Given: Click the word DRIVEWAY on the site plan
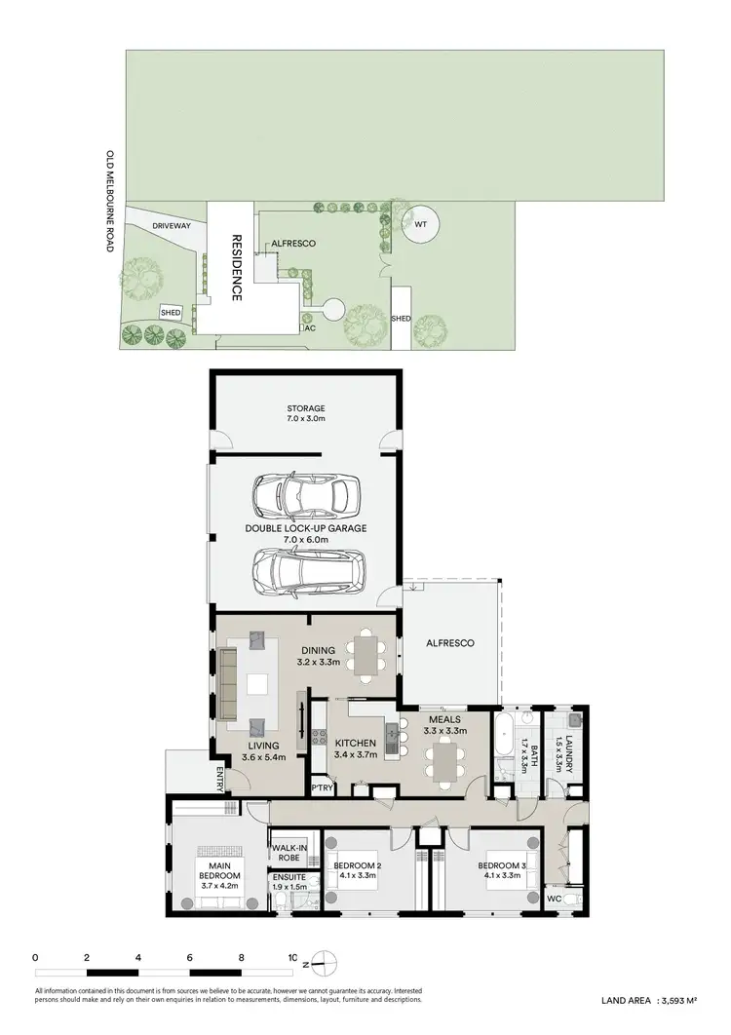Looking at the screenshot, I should click(172, 225).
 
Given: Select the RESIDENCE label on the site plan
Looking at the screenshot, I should click(235, 268).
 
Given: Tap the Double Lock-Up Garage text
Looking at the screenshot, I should click(306, 533).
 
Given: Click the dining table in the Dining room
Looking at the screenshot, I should click(365, 656).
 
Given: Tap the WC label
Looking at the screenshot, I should click(554, 898).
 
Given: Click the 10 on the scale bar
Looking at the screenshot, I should click(292, 958).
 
